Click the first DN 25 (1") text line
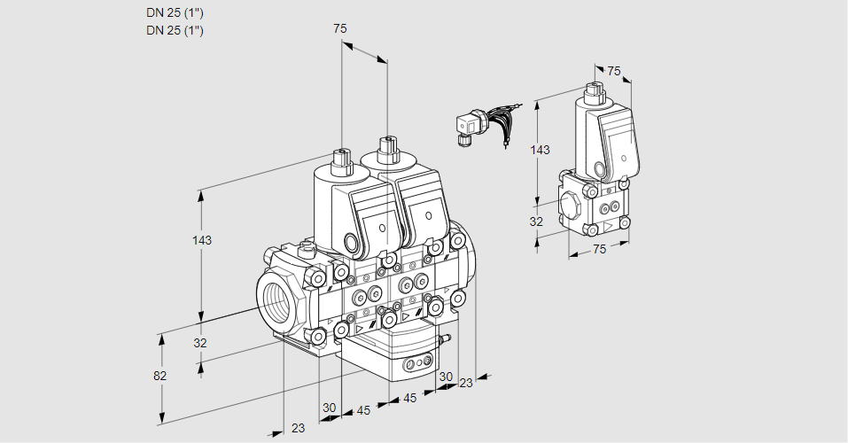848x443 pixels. pyautogui.click(x=175, y=13)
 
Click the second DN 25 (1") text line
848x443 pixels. pyautogui.click(x=175, y=30)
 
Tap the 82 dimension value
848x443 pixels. pyautogui.click(x=159, y=376)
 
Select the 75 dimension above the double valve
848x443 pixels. pyautogui.click(x=340, y=28)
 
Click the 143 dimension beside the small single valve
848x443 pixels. pyautogui.click(x=539, y=150)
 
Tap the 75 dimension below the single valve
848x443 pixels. pyautogui.click(x=599, y=250)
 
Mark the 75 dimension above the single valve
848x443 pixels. pyautogui.click(x=614, y=72)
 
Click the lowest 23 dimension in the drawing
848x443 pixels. pyautogui.click(x=298, y=428)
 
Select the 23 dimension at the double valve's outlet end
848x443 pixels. pyautogui.click(x=465, y=383)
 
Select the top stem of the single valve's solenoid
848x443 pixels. pyautogui.click(x=593, y=92)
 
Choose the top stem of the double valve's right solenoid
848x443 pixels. pyautogui.click(x=386, y=150)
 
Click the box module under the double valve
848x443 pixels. pyautogui.click(x=390, y=350)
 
